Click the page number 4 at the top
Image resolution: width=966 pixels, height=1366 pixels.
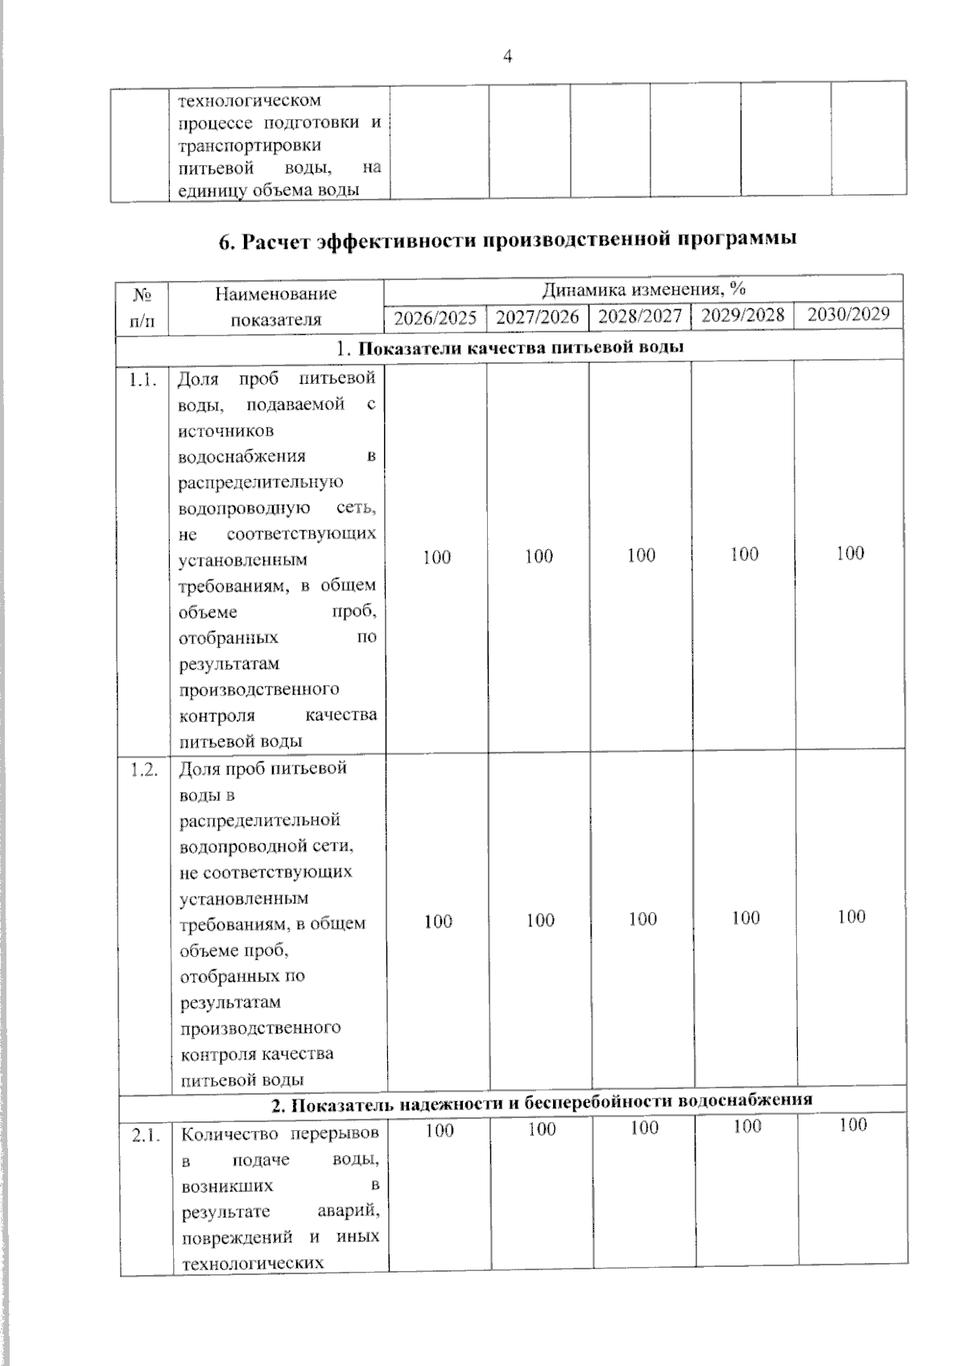click(507, 56)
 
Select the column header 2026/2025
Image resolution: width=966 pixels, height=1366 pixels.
click(436, 317)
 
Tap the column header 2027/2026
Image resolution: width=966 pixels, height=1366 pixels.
click(538, 316)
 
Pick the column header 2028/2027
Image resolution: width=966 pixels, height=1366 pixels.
click(641, 316)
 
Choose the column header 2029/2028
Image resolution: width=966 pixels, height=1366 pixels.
click(743, 315)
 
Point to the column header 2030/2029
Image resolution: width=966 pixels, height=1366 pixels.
click(848, 314)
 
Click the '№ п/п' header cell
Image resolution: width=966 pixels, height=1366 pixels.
click(142, 307)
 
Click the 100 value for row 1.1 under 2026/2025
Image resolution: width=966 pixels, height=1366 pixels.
click(436, 556)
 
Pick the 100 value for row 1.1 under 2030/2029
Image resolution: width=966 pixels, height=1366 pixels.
click(850, 553)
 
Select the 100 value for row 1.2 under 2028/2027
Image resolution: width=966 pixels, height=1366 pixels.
click(642, 918)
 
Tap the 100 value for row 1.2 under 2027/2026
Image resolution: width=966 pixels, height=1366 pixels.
click(540, 920)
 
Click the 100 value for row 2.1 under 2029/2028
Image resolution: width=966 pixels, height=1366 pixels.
click(747, 1126)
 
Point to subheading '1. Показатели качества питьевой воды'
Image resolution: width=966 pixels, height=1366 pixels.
click(511, 349)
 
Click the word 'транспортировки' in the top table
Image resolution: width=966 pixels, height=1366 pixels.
click(238, 147)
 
